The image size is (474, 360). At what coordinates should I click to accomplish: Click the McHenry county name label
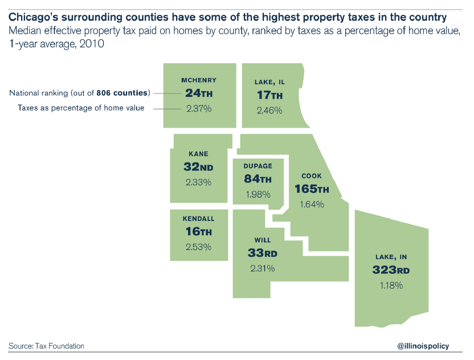coord(199,80)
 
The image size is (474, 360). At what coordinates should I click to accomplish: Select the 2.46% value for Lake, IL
coord(269,111)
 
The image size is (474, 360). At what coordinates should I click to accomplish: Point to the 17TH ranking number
coord(269,96)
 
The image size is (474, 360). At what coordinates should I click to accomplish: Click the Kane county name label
coord(198,154)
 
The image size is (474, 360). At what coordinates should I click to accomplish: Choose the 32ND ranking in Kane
coord(198,167)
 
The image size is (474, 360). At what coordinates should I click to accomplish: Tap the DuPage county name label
coord(258,166)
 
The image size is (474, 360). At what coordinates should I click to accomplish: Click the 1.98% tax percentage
coord(258,194)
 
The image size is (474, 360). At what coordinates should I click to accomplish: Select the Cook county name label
coord(312,176)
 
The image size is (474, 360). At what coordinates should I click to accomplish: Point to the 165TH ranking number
coord(312,189)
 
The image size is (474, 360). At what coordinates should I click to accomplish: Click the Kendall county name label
coord(198,219)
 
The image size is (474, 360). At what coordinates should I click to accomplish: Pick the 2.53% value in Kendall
coord(198,247)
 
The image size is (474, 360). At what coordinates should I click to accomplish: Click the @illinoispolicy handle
coord(423,346)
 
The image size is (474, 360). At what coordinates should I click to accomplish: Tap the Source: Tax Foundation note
coord(46,346)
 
